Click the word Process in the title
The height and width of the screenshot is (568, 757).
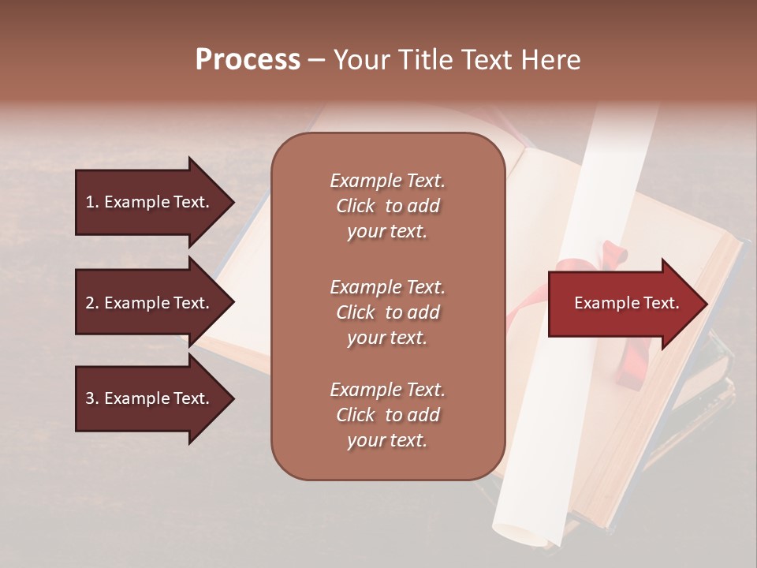[x=248, y=60]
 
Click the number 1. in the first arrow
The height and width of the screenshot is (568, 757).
[x=93, y=202]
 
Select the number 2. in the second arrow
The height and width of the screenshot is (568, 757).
[x=93, y=303]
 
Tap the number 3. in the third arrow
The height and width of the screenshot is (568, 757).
[x=93, y=398]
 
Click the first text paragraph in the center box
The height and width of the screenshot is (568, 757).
[x=387, y=206]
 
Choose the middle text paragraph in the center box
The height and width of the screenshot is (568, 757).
[x=387, y=312]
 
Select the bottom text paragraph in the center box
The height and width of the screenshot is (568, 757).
[x=387, y=415]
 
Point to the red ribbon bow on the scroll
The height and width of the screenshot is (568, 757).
[x=611, y=260]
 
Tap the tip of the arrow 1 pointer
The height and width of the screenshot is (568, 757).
[x=233, y=203]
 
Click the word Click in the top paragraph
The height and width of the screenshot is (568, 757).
[x=356, y=206]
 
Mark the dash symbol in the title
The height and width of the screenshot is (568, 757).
[x=316, y=60]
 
